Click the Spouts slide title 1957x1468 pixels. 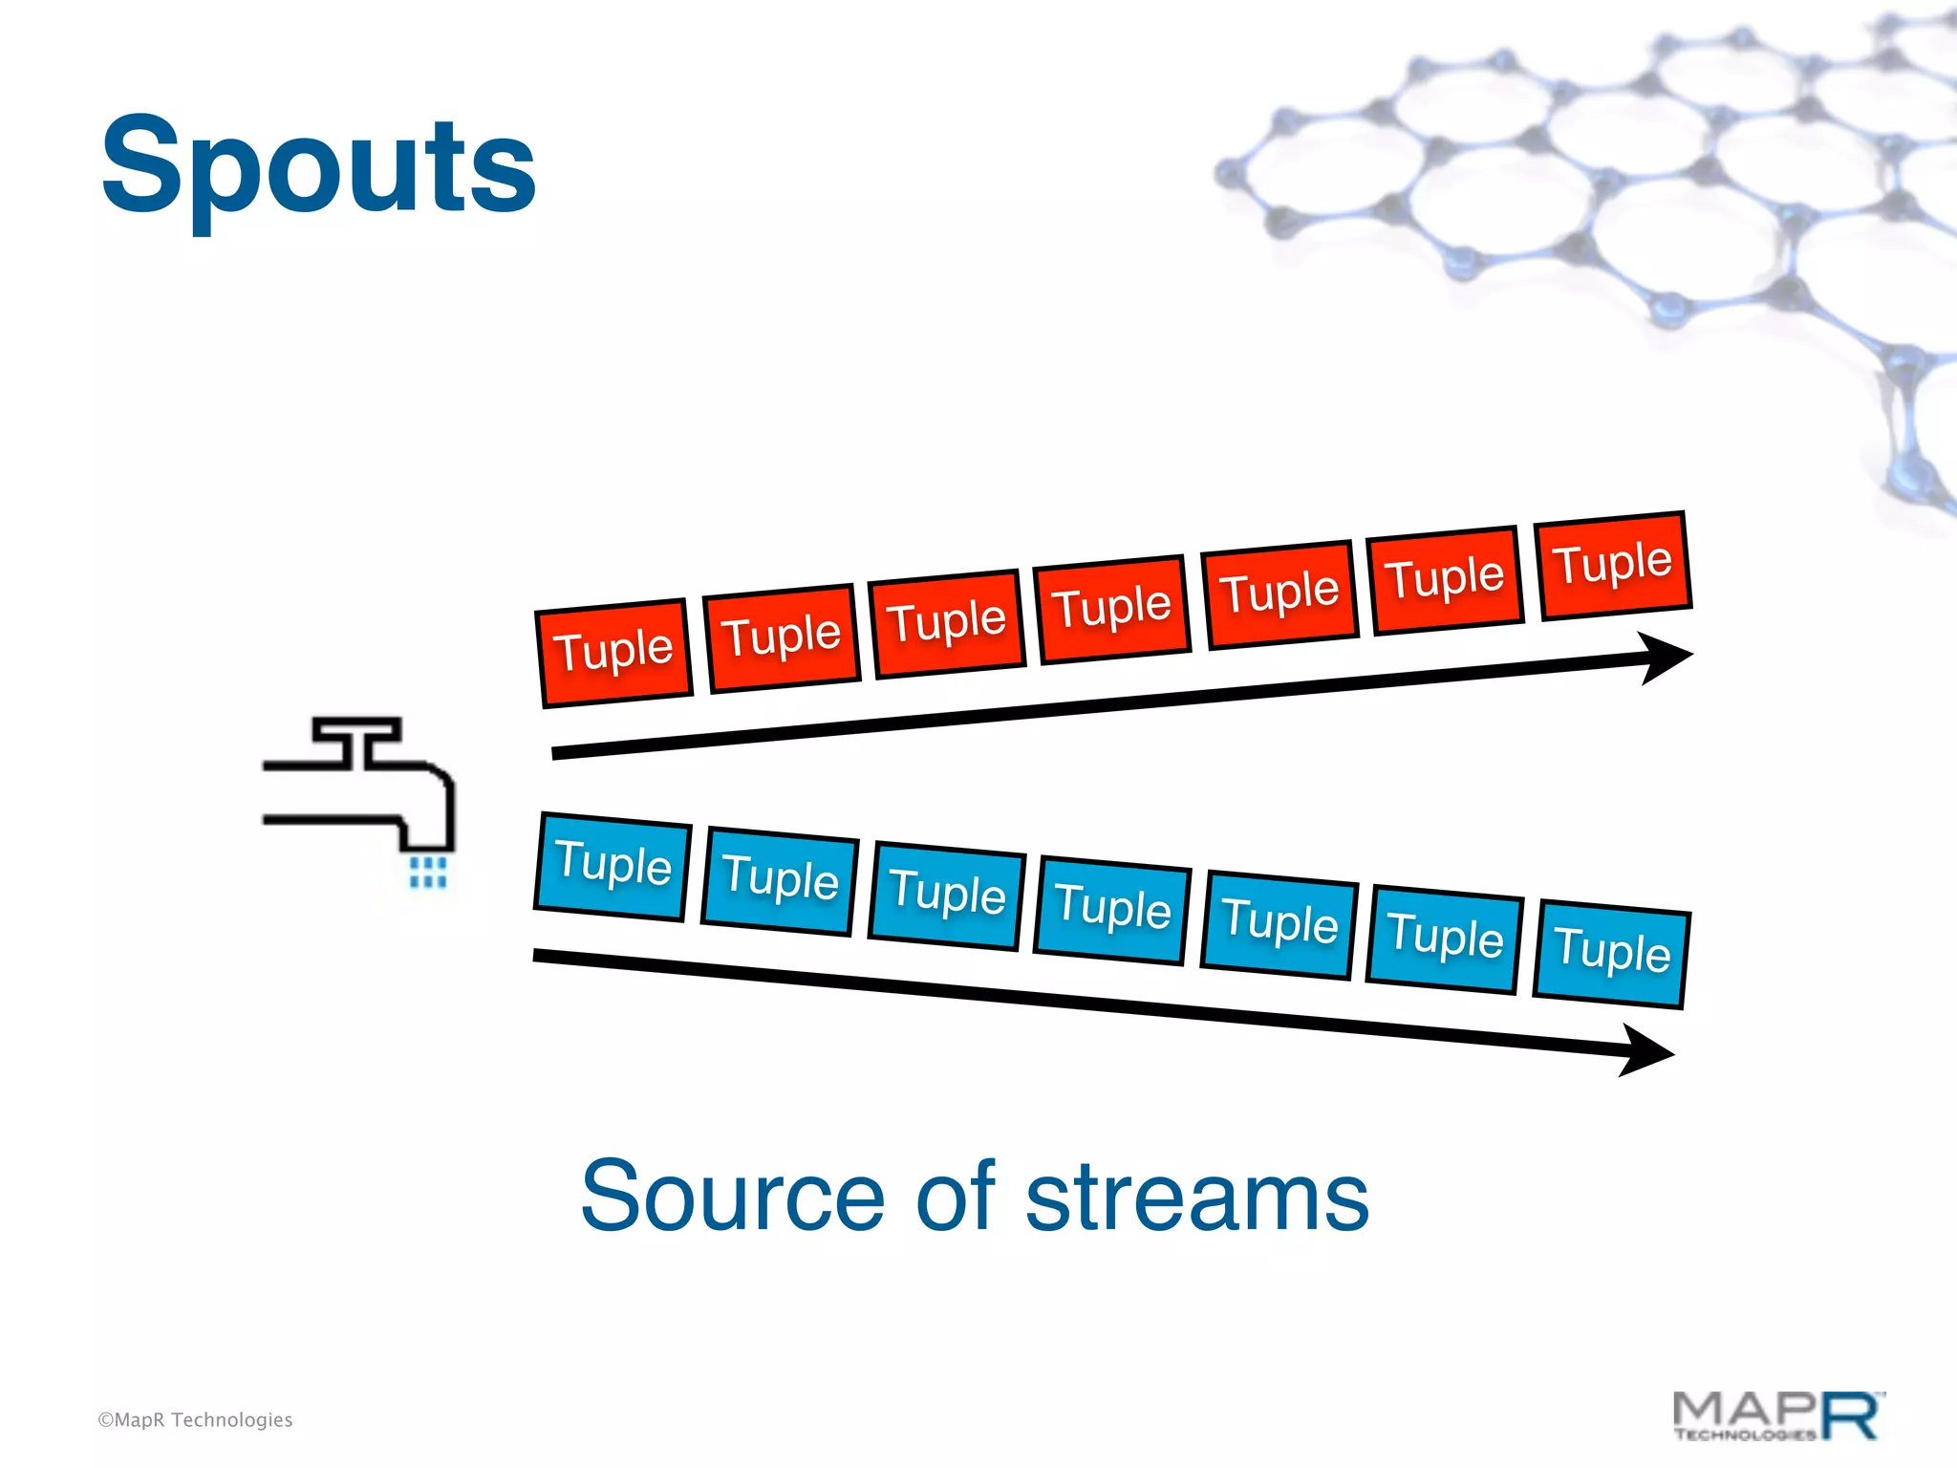[x=318, y=167]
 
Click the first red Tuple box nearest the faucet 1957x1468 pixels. [x=614, y=653]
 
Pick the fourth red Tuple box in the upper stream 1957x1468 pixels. [x=1112, y=609]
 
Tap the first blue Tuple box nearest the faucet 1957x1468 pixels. [x=613, y=866]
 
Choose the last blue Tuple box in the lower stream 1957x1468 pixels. [x=1612, y=953]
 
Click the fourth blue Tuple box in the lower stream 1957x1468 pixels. [x=1112, y=909]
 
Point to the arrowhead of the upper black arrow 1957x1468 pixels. [x=1667, y=657]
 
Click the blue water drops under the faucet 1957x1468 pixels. [x=427, y=872]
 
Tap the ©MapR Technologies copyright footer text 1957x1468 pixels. [x=195, y=1420]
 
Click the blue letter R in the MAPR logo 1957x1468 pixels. [x=1850, y=1414]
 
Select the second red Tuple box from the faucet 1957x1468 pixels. [x=782, y=637]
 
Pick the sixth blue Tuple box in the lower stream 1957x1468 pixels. [x=1445, y=938]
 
